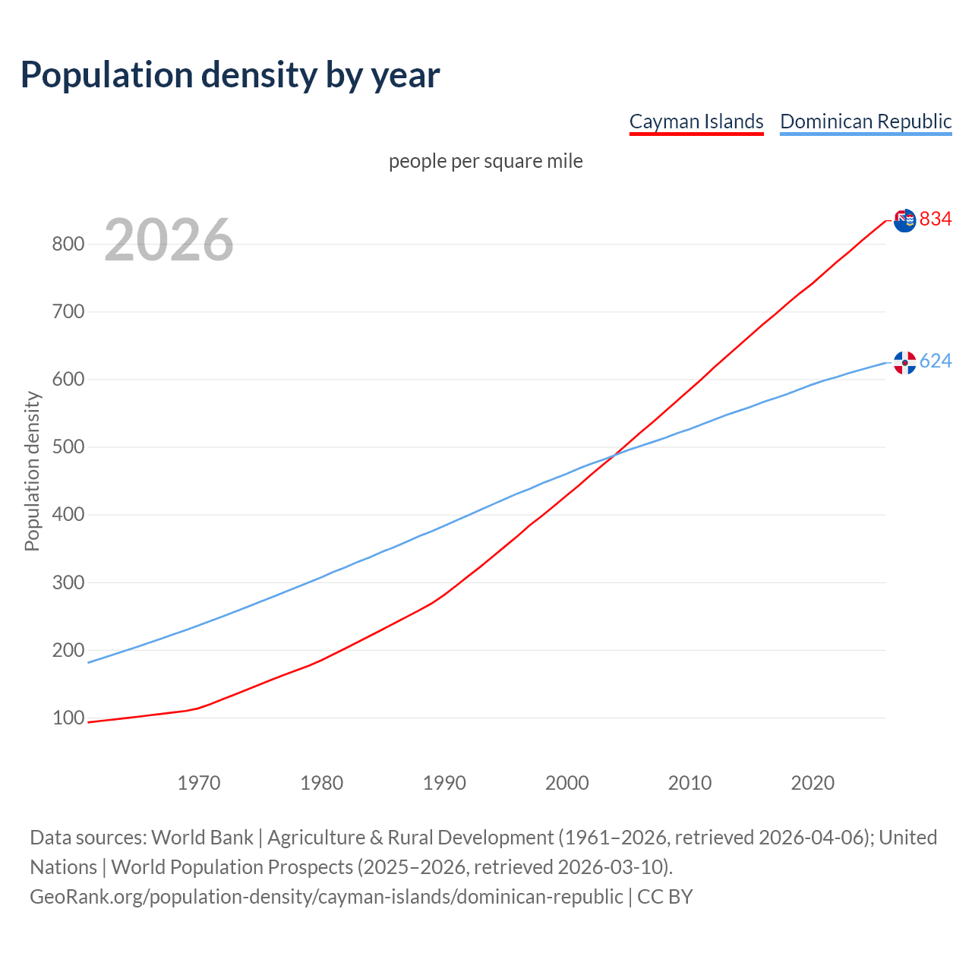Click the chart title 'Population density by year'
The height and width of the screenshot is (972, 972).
pyautogui.click(x=230, y=74)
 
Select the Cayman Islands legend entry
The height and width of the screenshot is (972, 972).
pyautogui.click(x=696, y=121)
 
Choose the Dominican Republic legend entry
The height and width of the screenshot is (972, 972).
pyautogui.click(x=866, y=121)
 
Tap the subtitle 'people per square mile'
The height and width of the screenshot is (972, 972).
pyautogui.click(x=485, y=161)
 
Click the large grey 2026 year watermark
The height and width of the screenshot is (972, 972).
pyautogui.click(x=169, y=240)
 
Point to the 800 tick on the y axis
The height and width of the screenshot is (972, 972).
pyautogui.click(x=68, y=244)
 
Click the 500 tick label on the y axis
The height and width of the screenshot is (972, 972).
pyautogui.click(x=68, y=447)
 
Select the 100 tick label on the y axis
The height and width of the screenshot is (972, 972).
pyautogui.click(x=68, y=718)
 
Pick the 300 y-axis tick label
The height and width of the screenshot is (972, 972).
pyautogui.click(x=68, y=582)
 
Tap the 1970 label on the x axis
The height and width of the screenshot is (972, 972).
pyautogui.click(x=199, y=782)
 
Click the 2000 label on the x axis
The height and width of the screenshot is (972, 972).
pyautogui.click(x=566, y=782)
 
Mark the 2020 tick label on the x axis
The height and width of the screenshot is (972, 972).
pyautogui.click(x=813, y=782)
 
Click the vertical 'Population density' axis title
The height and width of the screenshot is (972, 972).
pyautogui.click(x=32, y=471)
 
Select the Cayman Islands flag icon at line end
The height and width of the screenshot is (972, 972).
pyautogui.click(x=904, y=220)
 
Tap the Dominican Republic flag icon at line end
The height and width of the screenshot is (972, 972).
pyautogui.click(x=904, y=362)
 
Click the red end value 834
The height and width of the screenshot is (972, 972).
pyautogui.click(x=936, y=219)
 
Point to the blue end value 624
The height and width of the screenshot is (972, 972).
pyautogui.click(x=936, y=361)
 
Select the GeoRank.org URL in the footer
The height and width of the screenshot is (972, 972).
pyautogui.click(x=326, y=896)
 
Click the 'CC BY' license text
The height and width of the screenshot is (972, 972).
pyautogui.click(x=665, y=896)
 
